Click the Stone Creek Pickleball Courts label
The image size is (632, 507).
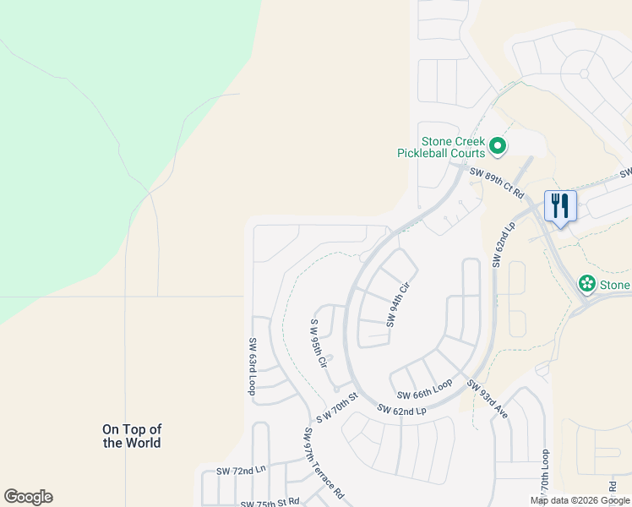tap(442, 147)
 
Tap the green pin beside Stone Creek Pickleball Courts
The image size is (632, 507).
tap(498, 147)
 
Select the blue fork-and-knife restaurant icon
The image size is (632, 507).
tap(560, 205)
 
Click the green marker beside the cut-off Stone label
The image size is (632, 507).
tap(587, 284)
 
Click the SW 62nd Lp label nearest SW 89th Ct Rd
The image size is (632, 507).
tap(502, 245)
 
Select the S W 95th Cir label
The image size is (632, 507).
tap(319, 344)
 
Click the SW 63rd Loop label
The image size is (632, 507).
tap(252, 367)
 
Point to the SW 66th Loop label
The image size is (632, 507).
tap(426, 393)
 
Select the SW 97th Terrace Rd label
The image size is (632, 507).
tap(324, 462)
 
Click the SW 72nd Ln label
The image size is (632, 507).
tap(241, 471)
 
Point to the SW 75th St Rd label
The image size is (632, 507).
tap(270, 502)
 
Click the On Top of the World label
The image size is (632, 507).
tap(132, 436)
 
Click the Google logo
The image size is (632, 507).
tap(28, 497)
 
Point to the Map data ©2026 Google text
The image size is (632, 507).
tap(579, 500)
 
